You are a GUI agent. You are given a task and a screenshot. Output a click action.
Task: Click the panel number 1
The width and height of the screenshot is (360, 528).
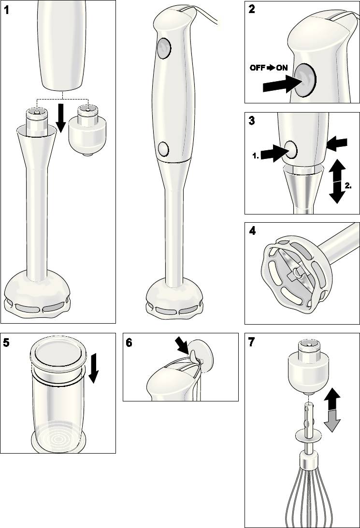point(6,10)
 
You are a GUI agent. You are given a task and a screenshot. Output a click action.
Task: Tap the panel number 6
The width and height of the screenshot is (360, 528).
point(129,342)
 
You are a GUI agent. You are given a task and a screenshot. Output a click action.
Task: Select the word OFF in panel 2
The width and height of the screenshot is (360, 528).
point(257,68)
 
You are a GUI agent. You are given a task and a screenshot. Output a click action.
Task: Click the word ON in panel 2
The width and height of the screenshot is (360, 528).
point(282,68)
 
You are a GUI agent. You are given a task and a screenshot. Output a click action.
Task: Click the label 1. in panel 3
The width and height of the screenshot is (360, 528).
point(256,156)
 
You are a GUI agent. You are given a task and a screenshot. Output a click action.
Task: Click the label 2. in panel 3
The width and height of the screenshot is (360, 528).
point(348,186)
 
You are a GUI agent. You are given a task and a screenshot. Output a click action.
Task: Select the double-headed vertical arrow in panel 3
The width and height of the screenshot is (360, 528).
point(337,181)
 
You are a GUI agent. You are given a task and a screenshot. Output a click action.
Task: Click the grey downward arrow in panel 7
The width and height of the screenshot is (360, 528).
point(332,421)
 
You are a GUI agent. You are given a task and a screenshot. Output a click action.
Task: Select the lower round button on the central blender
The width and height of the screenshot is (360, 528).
point(163,148)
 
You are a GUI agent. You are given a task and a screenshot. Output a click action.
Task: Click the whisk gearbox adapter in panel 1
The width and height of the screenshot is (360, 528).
point(87,130)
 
